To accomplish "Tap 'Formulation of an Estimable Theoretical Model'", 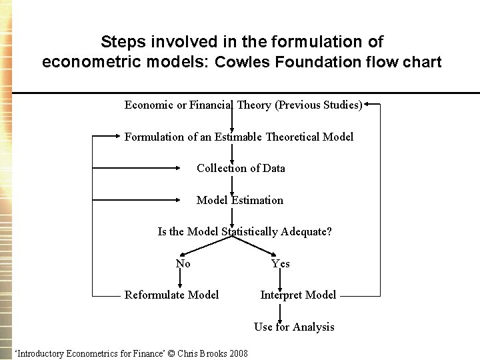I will [x=239, y=137].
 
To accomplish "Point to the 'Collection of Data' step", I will [x=241, y=168].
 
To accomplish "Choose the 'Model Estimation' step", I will [x=240, y=200].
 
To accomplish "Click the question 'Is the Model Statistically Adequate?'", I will [x=245, y=231].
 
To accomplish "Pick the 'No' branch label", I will [x=183, y=263].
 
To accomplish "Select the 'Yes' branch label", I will [x=281, y=263].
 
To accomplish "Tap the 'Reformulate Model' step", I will [x=171, y=295].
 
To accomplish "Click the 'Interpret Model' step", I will [x=298, y=295].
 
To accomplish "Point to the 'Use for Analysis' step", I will [x=294, y=327].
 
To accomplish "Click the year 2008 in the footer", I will [x=238, y=353].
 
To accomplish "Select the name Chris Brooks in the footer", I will [x=202, y=353].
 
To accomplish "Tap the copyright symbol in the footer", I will [x=171, y=353].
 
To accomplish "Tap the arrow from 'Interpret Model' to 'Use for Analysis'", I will [x=280, y=311].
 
